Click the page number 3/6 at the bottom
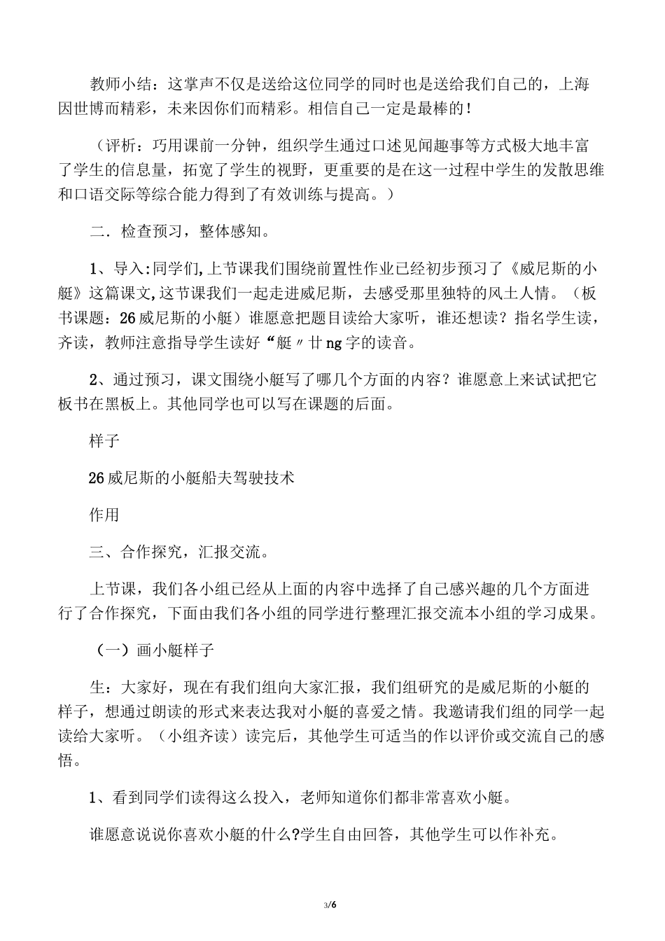coord(331,905)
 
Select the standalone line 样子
coord(105,442)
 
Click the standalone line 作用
coord(105,515)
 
